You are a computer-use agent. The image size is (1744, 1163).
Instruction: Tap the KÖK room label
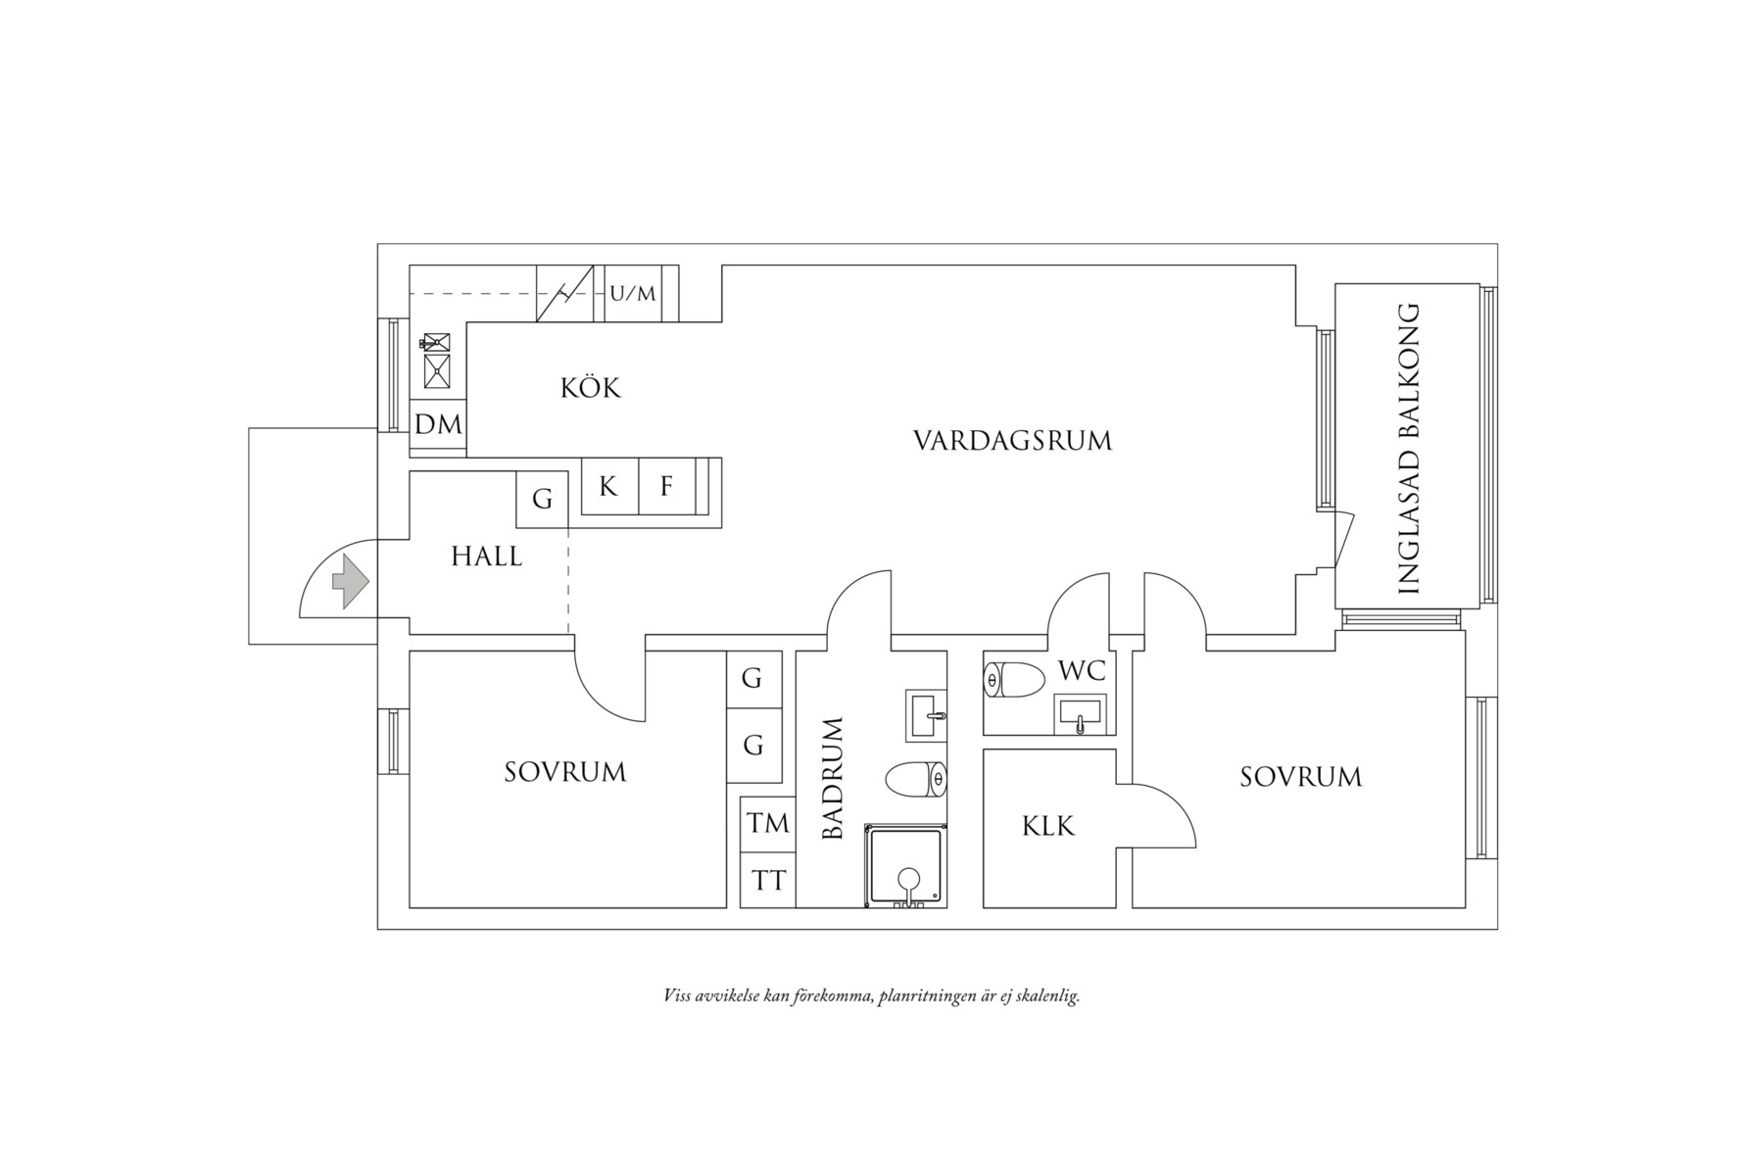click(x=591, y=388)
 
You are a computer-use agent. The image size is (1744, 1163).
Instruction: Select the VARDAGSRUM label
click(x=1012, y=441)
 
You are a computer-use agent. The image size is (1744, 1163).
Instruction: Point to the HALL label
click(x=487, y=557)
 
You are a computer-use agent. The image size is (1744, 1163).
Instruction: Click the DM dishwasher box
click(x=438, y=425)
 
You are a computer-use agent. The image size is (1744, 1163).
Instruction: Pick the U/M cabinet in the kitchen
click(x=633, y=293)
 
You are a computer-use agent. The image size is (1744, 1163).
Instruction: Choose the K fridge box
click(x=609, y=486)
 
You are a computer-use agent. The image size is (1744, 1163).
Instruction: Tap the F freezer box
click(x=667, y=486)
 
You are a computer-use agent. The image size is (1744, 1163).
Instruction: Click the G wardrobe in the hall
click(x=542, y=499)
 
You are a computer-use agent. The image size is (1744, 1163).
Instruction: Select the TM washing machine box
click(x=768, y=823)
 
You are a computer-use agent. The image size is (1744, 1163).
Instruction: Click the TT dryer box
click(x=768, y=881)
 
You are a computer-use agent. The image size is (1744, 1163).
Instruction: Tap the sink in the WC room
click(x=1080, y=714)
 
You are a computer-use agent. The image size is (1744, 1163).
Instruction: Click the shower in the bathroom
click(x=906, y=866)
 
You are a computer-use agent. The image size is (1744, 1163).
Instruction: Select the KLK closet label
click(x=1048, y=827)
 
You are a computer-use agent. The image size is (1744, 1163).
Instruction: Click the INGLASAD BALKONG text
click(x=1408, y=450)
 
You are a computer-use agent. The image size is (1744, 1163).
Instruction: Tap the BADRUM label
click(x=833, y=779)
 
